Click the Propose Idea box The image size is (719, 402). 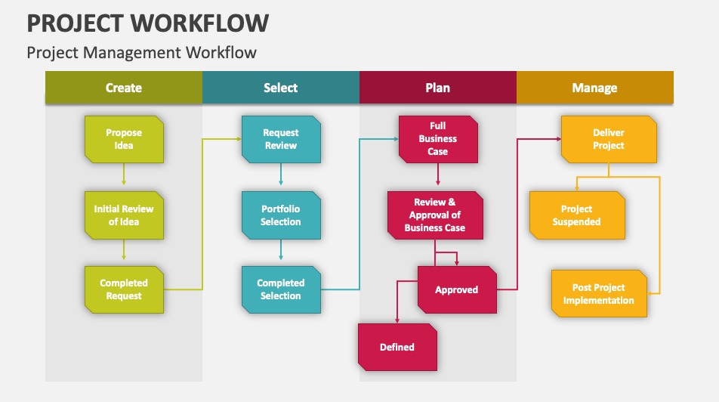click(x=124, y=139)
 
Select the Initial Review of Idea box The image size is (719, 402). click(x=124, y=215)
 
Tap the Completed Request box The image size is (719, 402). click(x=124, y=289)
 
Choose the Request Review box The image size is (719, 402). click(x=281, y=139)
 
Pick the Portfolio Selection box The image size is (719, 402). click(x=281, y=215)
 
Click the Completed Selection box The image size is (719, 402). click(x=281, y=289)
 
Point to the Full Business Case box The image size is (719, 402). click(x=438, y=139)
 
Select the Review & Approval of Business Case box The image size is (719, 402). click(x=435, y=215)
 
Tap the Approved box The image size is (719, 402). click(x=457, y=289)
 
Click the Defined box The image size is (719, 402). click(x=397, y=347)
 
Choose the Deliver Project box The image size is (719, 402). click(x=609, y=139)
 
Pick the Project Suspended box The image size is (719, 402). click(x=577, y=215)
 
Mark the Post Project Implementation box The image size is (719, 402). click(x=599, y=294)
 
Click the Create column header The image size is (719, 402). click(x=124, y=88)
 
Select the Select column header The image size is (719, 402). click(x=281, y=88)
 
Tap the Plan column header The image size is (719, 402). click(x=438, y=88)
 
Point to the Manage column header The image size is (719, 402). click(x=595, y=88)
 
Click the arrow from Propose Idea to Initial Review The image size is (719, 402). click(x=124, y=177)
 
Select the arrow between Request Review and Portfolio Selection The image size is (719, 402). click(x=281, y=177)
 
